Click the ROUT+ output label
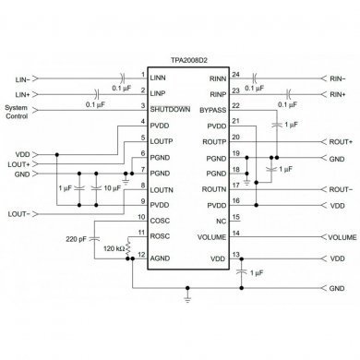coord(341,141)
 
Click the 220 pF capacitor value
coord(78,239)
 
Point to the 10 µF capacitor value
coord(111,188)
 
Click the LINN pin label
coord(159,78)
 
